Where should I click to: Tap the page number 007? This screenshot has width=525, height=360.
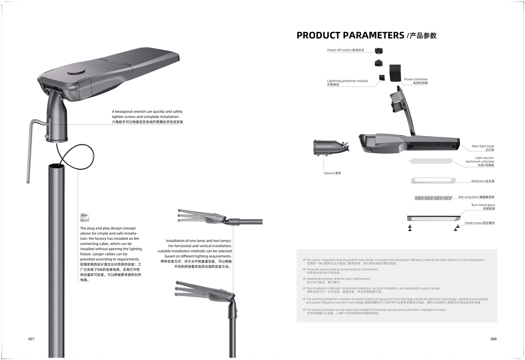[x=31, y=339]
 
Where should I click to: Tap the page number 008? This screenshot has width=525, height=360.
[x=494, y=339]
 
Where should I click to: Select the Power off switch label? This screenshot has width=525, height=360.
[x=345, y=50]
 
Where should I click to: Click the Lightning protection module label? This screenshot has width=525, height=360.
[x=347, y=83]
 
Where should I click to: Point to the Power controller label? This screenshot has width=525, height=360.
[x=416, y=81]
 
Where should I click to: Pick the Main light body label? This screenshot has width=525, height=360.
[x=483, y=148]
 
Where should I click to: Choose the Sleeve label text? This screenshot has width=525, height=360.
[x=332, y=173]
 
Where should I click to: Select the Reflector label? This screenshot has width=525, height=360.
[x=483, y=181]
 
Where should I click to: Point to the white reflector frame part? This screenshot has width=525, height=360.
[x=433, y=180]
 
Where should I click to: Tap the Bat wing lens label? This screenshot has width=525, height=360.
[x=476, y=197]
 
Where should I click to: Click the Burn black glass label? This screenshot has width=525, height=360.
[x=483, y=207]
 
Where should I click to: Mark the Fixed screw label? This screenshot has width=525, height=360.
[x=479, y=223]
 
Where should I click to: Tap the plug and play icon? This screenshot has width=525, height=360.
[x=85, y=218]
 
